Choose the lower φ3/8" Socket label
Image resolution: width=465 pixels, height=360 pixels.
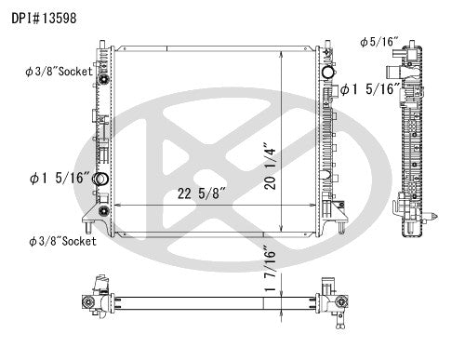61,240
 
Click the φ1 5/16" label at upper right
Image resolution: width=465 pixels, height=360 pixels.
370,89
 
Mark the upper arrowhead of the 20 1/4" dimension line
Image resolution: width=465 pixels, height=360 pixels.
283,54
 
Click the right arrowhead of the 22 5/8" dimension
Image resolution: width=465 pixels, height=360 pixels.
317,205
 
